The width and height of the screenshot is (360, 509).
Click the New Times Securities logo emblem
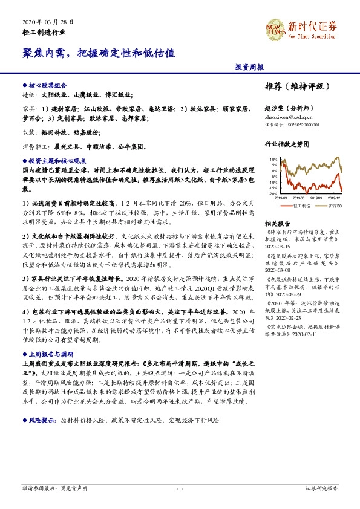click(x=276, y=28)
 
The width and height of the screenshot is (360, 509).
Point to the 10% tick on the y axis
click(x=274, y=160)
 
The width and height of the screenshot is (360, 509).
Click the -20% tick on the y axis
click(x=273, y=193)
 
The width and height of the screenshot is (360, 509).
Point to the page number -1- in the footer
click(x=180, y=488)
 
